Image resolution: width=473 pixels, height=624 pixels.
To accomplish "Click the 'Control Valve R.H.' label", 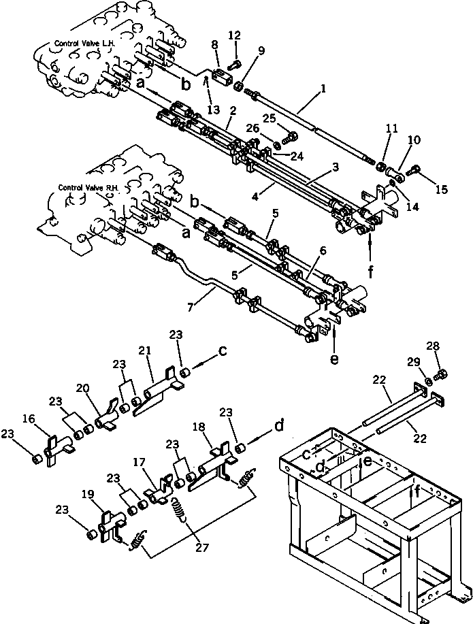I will click(x=87, y=186).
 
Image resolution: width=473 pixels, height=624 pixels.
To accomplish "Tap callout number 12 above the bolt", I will click(x=234, y=35).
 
